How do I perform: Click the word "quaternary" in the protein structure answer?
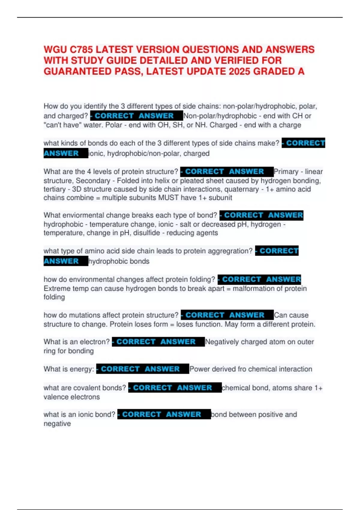pyautogui.click(x=241, y=189)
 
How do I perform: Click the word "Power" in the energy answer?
pyautogui.click(x=199, y=369)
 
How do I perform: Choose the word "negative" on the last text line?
pyautogui.click(x=57, y=424)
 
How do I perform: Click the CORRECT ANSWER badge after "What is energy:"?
pyautogui.click(x=142, y=369)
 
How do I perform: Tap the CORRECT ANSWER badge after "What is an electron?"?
pyautogui.click(x=158, y=342)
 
